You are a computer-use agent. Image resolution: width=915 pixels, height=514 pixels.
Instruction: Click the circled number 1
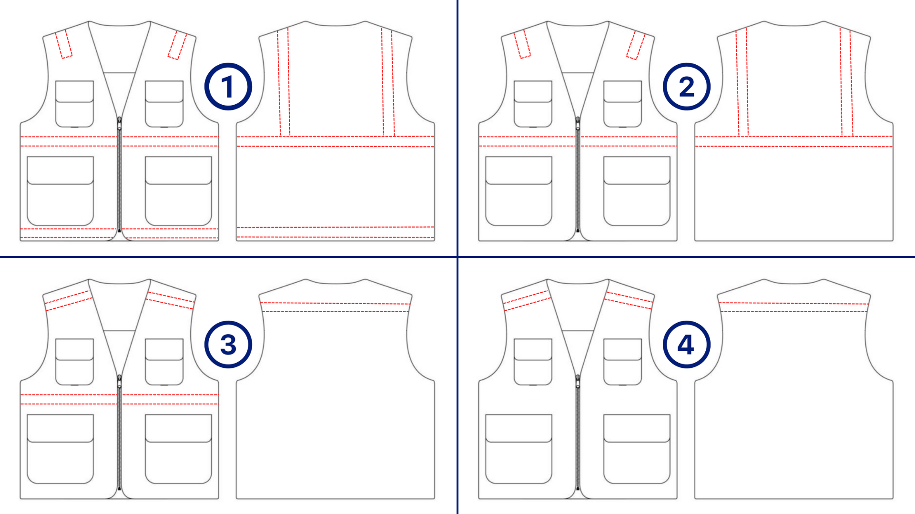coord(228,87)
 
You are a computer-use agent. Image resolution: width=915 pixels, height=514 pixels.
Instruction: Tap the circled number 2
coord(687,87)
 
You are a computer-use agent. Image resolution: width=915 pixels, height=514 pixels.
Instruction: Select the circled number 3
coord(228,345)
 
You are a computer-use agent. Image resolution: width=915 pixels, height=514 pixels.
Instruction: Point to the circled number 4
coord(687,345)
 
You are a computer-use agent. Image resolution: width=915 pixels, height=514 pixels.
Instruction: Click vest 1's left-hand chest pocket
coord(74,104)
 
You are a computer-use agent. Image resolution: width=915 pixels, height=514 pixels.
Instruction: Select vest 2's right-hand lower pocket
coord(637,191)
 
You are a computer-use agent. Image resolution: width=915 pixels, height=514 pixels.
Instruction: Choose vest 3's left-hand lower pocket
coord(60,449)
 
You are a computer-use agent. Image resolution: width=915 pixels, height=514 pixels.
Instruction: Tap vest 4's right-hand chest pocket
coord(622,362)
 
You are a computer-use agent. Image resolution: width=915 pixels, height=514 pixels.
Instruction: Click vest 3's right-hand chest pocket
coord(164,362)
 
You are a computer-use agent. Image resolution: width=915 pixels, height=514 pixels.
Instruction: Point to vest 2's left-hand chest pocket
coord(533,104)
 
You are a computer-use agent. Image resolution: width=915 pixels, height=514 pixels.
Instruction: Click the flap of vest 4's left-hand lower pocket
coord(518,428)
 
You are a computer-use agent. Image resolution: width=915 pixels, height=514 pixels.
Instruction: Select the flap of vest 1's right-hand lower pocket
coord(178,170)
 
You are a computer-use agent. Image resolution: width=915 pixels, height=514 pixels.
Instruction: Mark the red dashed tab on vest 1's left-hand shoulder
coord(64,44)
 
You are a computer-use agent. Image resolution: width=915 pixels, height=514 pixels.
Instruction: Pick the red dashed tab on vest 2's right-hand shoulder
coord(636,45)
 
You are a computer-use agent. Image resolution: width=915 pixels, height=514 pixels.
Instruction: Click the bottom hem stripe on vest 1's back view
coord(335,232)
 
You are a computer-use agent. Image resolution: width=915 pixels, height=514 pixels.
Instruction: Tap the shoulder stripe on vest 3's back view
coord(335,307)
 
